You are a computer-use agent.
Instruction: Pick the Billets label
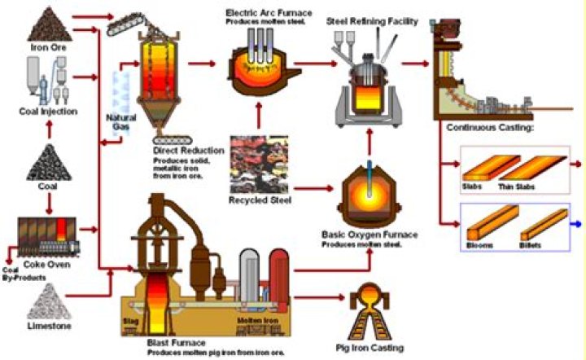click(533, 242)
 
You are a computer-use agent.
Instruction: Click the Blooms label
click(479, 242)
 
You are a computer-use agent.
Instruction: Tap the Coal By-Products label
click(22, 274)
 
